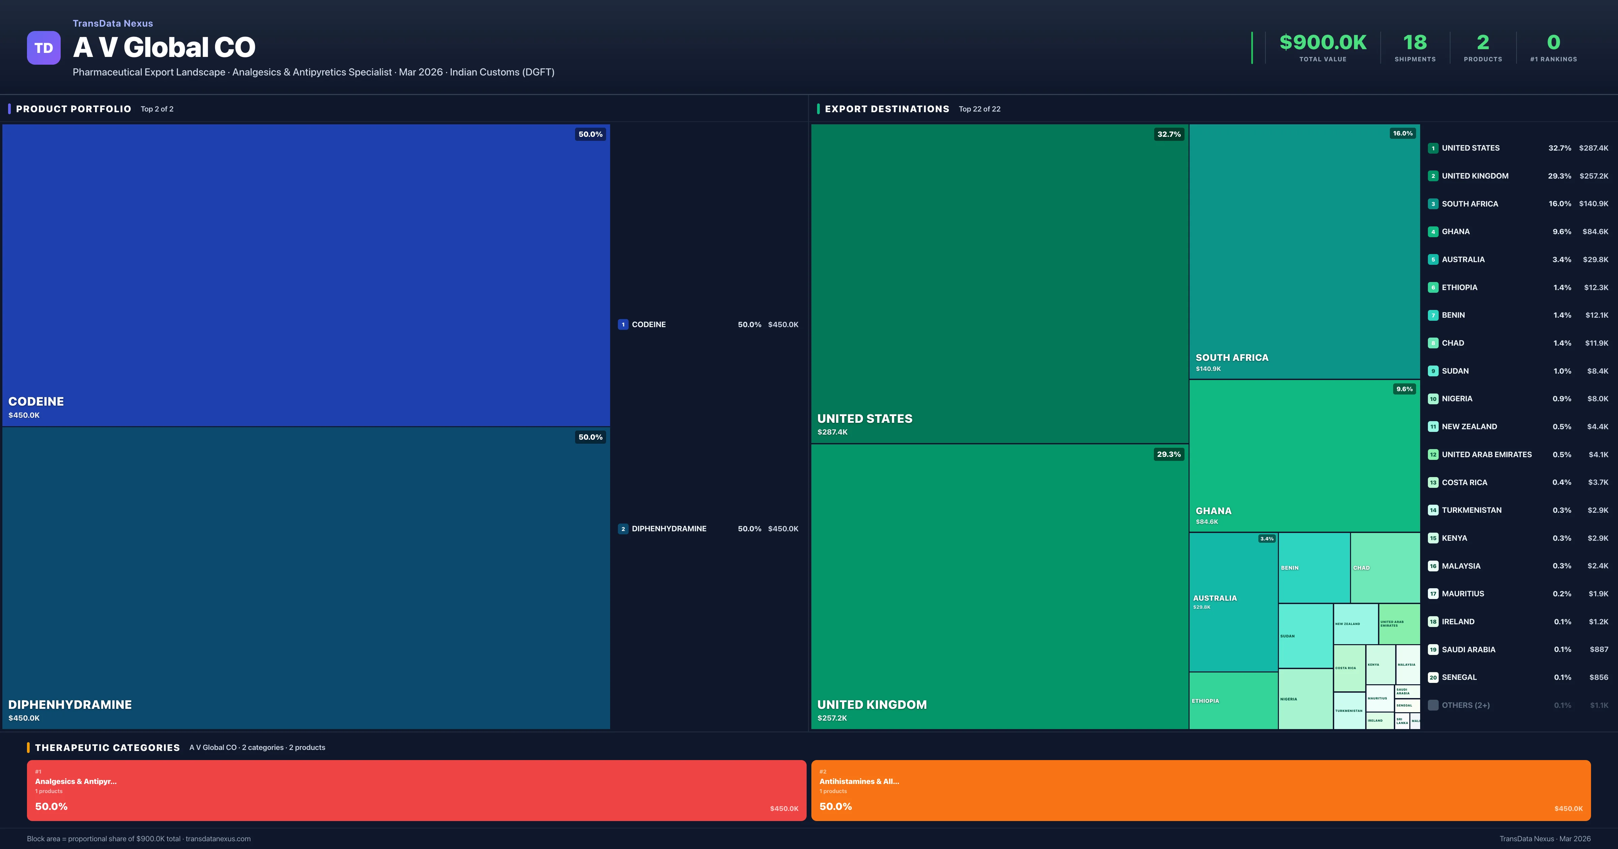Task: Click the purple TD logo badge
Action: pyautogui.click(x=43, y=48)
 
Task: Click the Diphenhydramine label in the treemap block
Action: pyautogui.click(x=70, y=704)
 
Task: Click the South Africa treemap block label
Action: pyautogui.click(x=1232, y=357)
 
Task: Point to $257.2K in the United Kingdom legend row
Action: pyautogui.click(x=1593, y=176)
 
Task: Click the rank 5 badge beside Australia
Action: pyautogui.click(x=1433, y=259)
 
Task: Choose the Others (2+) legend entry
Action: pyautogui.click(x=1465, y=705)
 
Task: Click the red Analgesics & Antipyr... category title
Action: pyautogui.click(x=76, y=781)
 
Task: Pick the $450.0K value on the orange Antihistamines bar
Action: pyautogui.click(x=1568, y=809)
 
